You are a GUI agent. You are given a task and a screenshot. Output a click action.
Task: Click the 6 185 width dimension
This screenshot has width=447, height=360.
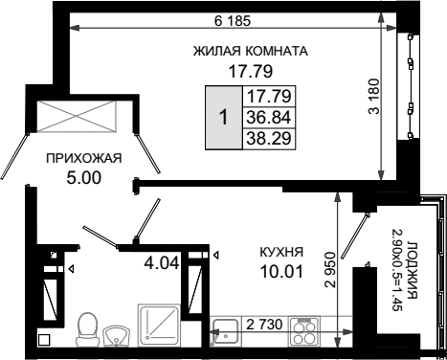pyautogui.click(x=233, y=21)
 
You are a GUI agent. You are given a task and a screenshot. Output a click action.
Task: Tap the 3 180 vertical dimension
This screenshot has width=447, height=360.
pyautogui.click(x=374, y=96)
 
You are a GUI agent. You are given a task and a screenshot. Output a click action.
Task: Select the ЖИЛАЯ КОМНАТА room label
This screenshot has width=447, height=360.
pyautogui.click(x=251, y=51)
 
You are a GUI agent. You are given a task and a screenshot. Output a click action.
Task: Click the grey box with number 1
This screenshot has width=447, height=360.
pyautogui.click(x=224, y=118)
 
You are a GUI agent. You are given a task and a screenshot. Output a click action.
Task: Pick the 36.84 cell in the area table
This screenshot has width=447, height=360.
pyautogui.click(x=269, y=118)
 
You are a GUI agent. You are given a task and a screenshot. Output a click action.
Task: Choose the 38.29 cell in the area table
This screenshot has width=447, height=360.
pyautogui.click(x=269, y=139)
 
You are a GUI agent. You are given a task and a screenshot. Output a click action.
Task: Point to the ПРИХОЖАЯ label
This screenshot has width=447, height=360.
pyautogui.click(x=84, y=158)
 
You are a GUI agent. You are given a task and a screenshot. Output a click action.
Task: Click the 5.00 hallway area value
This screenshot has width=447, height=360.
pyautogui.click(x=83, y=177)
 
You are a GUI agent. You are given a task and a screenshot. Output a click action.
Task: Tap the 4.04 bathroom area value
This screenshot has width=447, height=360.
pyautogui.click(x=162, y=263)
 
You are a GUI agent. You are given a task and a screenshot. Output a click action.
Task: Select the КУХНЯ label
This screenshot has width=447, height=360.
pyautogui.click(x=281, y=252)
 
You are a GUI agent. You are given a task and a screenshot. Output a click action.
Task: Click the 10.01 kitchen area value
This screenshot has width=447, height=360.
pyautogui.click(x=281, y=272)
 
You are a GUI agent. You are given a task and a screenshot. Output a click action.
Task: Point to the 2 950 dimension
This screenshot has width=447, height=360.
pyautogui.click(x=330, y=270)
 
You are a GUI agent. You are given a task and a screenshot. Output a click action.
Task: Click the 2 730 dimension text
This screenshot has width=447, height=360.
pyautogui.click(x=264, y=325)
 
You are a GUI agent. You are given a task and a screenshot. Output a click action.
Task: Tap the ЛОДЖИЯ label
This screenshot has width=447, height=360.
pyautogui.click(x=413, y=270)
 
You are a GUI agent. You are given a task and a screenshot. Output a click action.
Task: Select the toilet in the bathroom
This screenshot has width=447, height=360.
pyautogui.click(x=87, y=329)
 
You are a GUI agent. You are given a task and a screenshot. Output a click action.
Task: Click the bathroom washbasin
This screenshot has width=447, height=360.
pyautogui.click(x=116, y=335)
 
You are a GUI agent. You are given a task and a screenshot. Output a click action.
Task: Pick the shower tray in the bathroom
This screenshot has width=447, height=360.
pyautogui.click(x=159, y=326)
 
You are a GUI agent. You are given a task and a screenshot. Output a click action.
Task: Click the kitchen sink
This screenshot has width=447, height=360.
pyautogui.click(x=225, y=333)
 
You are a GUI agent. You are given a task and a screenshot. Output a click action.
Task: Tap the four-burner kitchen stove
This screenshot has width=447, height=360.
pyautogui.click(x=304, y=331)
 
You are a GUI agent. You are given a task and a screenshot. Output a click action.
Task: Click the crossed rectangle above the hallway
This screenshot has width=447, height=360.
pyautogui.click(x=77, y=116)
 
